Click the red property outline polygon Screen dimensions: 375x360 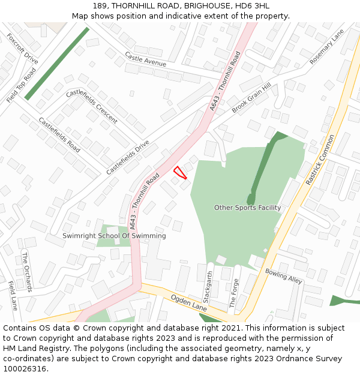[x=179, y=172]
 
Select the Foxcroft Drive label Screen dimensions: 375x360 [x=22, y=49]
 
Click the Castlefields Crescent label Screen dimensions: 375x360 [x=92, y=106]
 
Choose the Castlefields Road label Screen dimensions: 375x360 [x=59, y=134]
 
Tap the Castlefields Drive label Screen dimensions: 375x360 [x=128, y=157]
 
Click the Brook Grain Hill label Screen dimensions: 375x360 [x=251, y=98]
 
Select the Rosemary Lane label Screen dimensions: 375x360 [x=327, y=47]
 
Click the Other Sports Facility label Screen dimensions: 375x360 [x=247, y=208]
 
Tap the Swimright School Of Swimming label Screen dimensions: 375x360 [x=114, y=236]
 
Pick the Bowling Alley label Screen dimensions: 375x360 [x=284, y=276]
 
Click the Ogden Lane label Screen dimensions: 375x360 [x=189, y=302]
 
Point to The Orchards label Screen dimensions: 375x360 [x=28, y=272]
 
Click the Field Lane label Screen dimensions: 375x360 [x=13, y=295]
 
